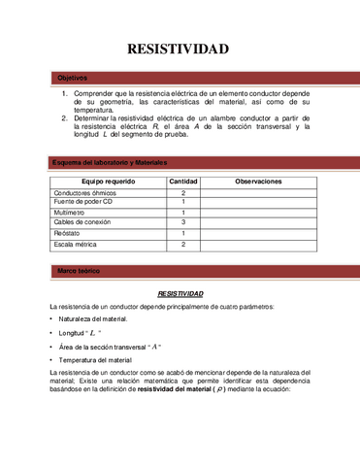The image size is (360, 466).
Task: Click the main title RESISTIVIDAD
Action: pos(179,49)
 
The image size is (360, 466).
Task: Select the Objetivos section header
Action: pos(73,78)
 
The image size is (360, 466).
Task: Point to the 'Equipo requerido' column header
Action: pos(108,182)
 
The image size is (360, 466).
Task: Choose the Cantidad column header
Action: pos(183,182)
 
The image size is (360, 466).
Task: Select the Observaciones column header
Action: pos(258,182)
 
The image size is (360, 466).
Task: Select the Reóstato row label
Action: pos(68,233)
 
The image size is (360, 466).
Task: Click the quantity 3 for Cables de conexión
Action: pos(183,222)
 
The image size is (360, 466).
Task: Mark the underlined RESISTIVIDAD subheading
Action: pos(180,292)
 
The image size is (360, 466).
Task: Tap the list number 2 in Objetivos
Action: pos(64,117)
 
